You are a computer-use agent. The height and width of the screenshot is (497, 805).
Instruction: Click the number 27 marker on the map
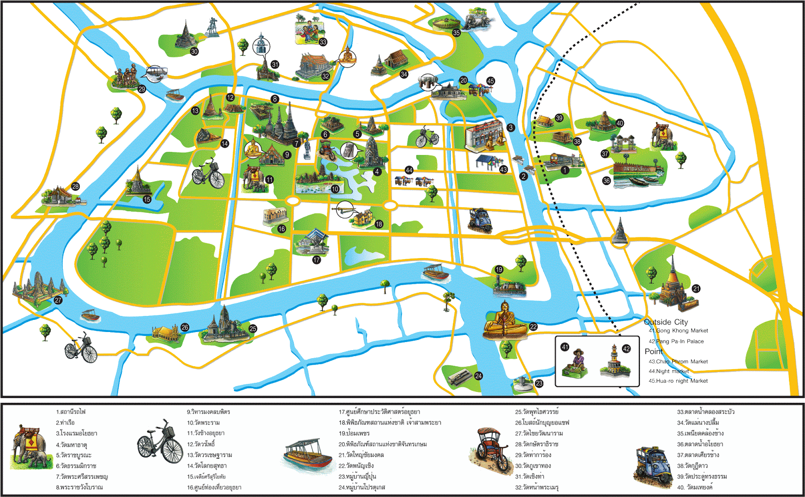58,300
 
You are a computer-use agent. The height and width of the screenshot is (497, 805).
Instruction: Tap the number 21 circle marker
696,289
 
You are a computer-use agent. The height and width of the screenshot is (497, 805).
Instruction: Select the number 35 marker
456,33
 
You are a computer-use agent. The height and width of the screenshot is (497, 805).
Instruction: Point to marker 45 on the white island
491,81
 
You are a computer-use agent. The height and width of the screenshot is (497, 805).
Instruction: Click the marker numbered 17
316,260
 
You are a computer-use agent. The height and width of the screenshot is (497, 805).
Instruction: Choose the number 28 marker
75,187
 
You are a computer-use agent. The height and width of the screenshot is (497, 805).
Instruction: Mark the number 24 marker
478,376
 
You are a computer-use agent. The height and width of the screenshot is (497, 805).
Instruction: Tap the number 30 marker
194,51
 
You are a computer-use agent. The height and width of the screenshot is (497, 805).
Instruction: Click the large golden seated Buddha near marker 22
505,320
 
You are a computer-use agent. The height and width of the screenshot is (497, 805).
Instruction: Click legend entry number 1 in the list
70,412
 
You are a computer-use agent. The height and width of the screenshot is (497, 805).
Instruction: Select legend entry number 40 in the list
694,487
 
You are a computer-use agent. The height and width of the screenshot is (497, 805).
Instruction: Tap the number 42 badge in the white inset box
626,349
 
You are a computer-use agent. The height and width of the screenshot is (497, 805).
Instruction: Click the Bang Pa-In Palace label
679,342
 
